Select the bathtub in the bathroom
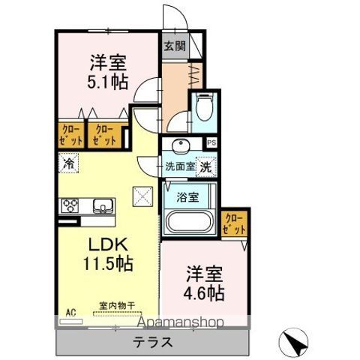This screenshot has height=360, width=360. [189, 223]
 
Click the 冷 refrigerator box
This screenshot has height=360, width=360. [68, 162]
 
